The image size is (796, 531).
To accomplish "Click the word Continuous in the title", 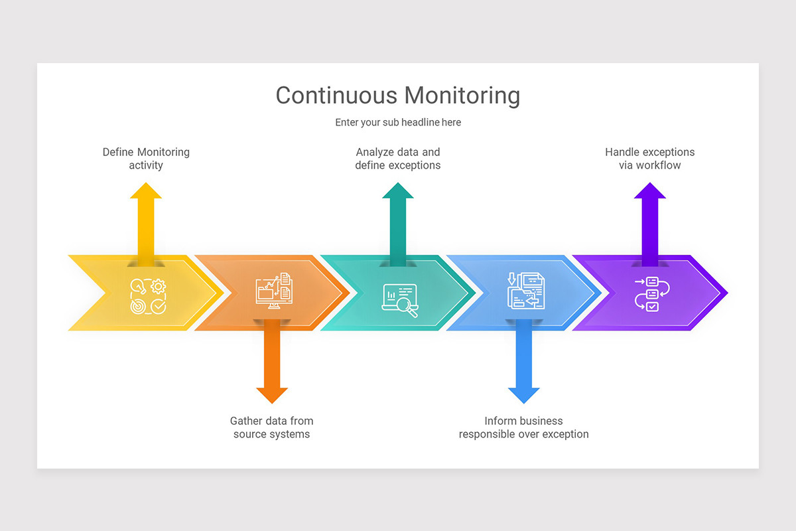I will [x=336, y=96].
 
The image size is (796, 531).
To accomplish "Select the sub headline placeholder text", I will [x=397, y=122].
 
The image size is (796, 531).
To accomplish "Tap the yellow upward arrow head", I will [x=146, y=191].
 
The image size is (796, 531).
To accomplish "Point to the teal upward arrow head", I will [x=398, y=191].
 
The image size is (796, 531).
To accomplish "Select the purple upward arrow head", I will [x=650, y=191].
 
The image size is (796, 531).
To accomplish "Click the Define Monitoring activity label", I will [x=146, y=159].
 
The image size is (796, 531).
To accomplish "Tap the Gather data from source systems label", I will [x=272, y=427].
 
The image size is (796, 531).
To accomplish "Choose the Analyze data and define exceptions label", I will [x=398, y=159].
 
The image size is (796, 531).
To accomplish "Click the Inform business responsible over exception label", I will [x=524, y=427].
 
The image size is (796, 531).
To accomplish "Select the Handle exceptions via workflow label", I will [x=650, y=159].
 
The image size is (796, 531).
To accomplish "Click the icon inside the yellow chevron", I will [x=148, y=296].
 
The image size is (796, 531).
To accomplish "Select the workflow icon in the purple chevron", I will [x=652, y=293].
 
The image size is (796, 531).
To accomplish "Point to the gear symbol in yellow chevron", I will [x=158, y=286].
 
